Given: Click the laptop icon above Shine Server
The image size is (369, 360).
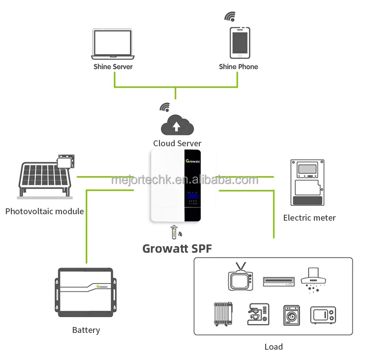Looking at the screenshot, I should pyautogui.click(x=113, y=43).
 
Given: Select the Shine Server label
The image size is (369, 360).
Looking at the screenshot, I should pyautogui.click(x=113, y=66).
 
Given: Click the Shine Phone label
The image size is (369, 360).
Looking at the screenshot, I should pyautogui.click(x=239, y=66).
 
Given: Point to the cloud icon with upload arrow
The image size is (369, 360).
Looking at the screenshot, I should pyautogui.click(x=177, y=125).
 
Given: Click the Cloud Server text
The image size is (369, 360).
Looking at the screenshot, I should pyautogui.click(x=177, y=144).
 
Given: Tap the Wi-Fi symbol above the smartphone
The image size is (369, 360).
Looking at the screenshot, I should pyautogui.click(x=230, y=16).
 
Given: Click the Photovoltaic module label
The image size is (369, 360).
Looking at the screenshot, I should pyautogui.click(x=44, y=211).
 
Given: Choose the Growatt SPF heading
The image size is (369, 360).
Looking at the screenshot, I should pyautogui.click(x=177, y=248).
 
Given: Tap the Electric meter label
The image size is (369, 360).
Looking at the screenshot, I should pyautogui.click(x=309, y=217).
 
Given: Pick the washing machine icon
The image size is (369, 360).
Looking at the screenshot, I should pyautogui.click(x=291, y=314).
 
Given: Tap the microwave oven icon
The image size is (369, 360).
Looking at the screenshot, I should pyautogui.click(x=323, y=314).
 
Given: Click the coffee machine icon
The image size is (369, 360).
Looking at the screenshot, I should pyautogui.click(x=258, y=314).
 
